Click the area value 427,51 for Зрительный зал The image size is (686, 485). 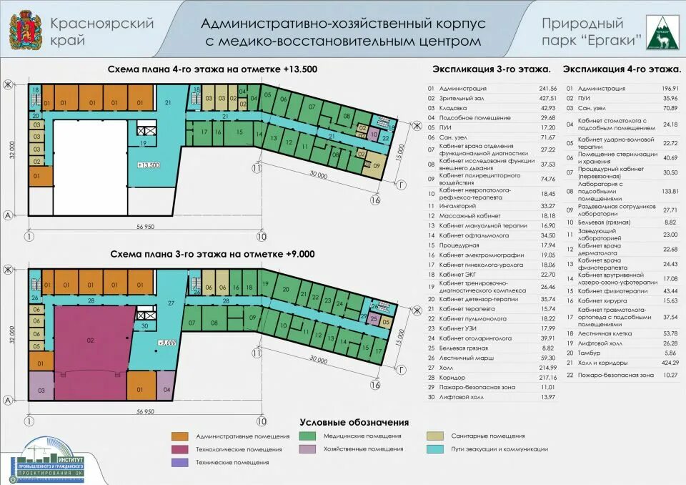pos(547,97)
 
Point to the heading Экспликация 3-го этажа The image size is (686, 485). pos(492,69)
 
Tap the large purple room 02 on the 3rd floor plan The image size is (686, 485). pos(90,341)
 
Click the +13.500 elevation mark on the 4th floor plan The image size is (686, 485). pos(149,165)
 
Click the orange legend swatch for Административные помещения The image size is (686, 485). pos(180,436)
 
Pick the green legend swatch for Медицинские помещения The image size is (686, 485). pos(309,436)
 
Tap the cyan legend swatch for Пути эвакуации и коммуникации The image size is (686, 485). pos(437,449)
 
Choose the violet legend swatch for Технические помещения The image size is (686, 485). pos(180,463)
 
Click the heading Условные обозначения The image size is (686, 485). pos(354,422)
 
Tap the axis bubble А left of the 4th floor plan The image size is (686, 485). pos(7,214)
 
